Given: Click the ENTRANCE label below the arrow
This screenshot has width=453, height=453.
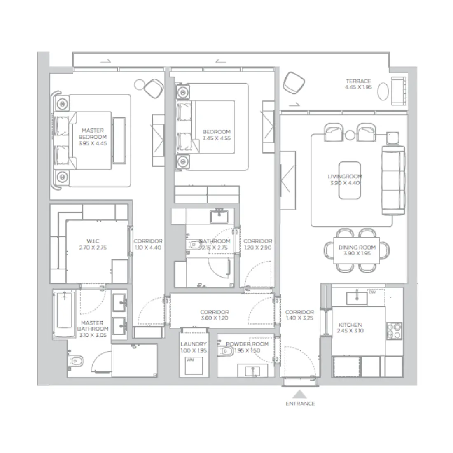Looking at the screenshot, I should click(300, 404).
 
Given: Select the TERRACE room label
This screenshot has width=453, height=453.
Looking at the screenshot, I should click(358, 82).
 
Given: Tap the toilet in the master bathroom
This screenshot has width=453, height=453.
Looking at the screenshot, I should click(76, 361).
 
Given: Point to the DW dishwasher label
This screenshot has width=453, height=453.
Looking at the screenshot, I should click(372, 293).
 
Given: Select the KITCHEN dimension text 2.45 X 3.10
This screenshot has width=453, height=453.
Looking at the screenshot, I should click(350, 331).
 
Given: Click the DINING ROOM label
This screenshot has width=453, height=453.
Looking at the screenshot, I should click(357, 248).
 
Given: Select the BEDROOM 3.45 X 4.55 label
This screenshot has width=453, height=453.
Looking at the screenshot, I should click(217, 135).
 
